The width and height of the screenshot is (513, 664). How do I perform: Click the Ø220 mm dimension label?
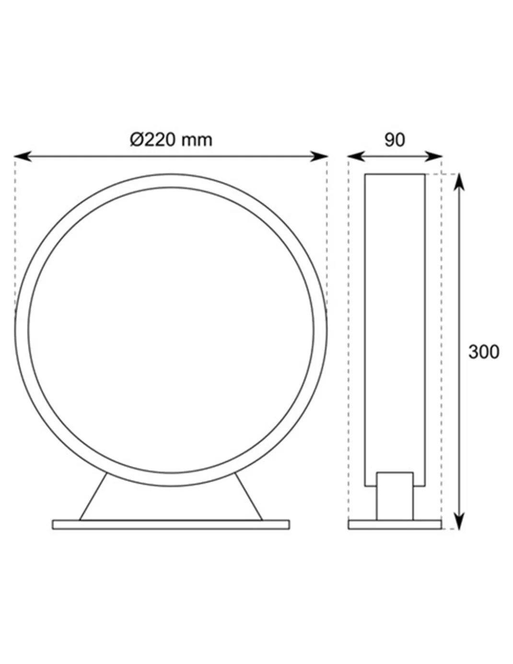(x=171, y=140)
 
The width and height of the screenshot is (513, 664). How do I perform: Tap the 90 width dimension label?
(x=395, y=140)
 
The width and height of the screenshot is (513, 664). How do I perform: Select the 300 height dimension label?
(x=484, y=352)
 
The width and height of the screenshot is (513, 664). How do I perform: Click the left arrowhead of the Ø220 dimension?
(x=23, y=156)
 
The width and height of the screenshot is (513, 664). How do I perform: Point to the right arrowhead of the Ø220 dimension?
(x=319, y=156)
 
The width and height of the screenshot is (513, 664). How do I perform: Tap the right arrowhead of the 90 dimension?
(x=433, y=156)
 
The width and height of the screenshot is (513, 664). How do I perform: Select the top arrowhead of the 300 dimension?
(x=459, y=182)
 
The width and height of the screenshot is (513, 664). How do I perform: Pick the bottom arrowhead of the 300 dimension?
(x=459, y=521)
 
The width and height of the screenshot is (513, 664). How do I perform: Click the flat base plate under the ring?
(x=171, y=525)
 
